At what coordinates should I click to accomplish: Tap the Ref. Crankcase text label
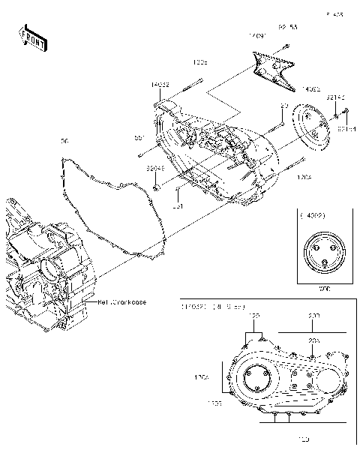click(121, 302)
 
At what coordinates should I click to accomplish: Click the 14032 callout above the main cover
click(160, 85)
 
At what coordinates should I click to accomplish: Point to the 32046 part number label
click(156, 169)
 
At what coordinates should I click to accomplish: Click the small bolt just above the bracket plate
click(286, 46)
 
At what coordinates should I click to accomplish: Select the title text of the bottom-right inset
click(208, 308)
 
